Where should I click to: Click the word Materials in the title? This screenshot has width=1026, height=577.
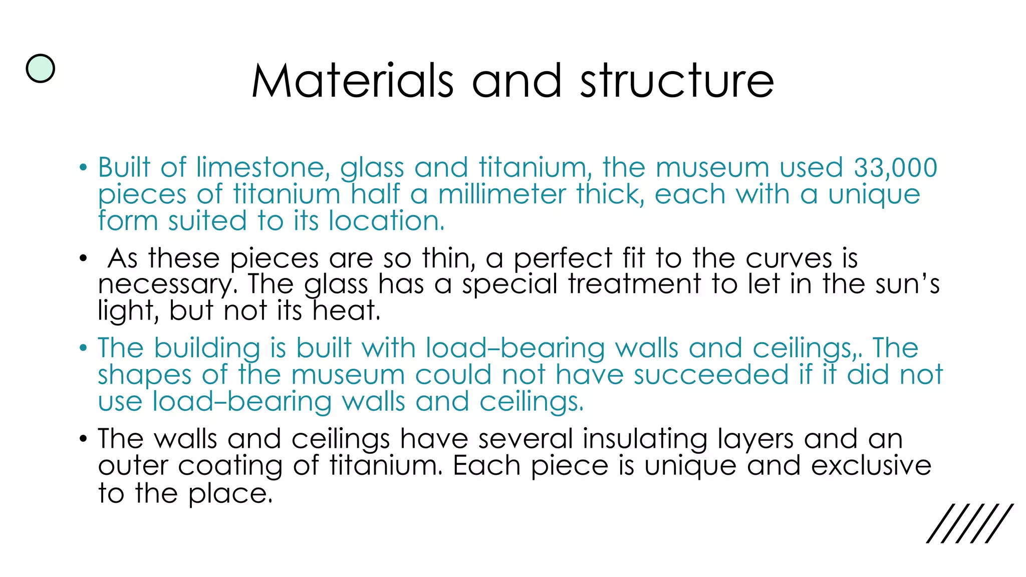tap(353, 81)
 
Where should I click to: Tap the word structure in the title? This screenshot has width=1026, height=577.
tap(677, 81)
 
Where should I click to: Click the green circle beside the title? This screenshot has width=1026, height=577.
tap(40, 69)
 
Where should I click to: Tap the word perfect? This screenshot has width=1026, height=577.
tap(563, 259)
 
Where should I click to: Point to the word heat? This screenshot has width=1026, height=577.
tap(346, 311)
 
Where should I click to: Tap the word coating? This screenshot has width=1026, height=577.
tap(230, 466)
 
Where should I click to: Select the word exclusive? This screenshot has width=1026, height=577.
tap(871, 466)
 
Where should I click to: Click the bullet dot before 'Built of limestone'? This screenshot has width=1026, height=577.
tap(83, 168)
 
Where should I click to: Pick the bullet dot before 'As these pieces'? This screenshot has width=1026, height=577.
tap(83, 259)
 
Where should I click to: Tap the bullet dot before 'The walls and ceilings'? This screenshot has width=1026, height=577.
tap(83, 440)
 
